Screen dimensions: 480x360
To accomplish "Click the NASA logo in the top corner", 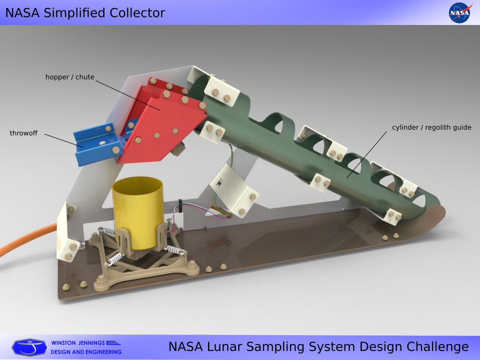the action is pos(459,12).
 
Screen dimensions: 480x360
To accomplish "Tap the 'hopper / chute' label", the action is pos(70,77).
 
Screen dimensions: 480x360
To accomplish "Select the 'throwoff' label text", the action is pos(23,133).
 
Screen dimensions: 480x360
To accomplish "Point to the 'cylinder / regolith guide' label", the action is pos(431,127).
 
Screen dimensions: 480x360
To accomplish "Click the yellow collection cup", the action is pos(138,211).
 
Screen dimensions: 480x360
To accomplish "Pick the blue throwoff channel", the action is pos(96,144).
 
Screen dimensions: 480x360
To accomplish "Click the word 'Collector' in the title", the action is pos(137,13).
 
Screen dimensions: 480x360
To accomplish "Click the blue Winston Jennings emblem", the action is pos(29,347).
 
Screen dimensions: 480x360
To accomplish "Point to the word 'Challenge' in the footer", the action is pos(437,347).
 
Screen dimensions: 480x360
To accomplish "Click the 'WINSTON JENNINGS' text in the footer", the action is pos(78,343).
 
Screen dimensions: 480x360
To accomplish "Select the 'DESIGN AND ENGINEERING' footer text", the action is pos(86,352).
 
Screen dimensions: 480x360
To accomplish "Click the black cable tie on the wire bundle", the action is pos(180,205).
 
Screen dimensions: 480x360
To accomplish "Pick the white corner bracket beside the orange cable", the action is pos(67,232).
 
